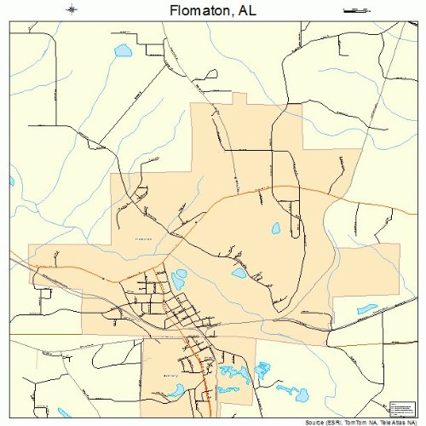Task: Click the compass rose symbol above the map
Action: [72, 10]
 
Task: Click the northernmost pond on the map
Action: [124, 51]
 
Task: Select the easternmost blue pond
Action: [367, 308]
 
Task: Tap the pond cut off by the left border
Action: [12, 181]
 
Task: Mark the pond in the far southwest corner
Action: [65, 413]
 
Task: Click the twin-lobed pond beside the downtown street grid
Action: [179, 279]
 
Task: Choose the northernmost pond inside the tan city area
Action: [275, 228]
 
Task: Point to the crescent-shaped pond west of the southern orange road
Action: [176, 390]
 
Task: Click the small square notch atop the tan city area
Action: [239, 99]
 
